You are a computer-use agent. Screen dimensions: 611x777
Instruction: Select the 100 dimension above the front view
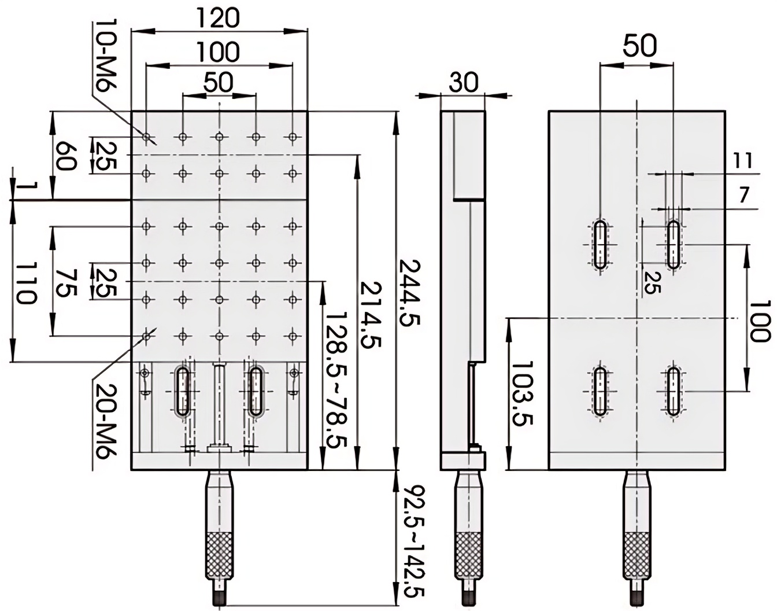pyautogui.click(x=217, y=52)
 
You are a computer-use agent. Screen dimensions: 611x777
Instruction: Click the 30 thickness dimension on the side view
pyautogui.click(x=464, y=83)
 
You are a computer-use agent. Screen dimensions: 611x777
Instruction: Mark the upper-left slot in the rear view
pyautogui.click(x=601, y=244)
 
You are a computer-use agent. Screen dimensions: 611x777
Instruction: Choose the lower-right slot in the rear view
pyautogui.click(x=672, y=390)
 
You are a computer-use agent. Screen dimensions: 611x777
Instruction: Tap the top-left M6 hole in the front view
pyautogui.click(x=147, y=138)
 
